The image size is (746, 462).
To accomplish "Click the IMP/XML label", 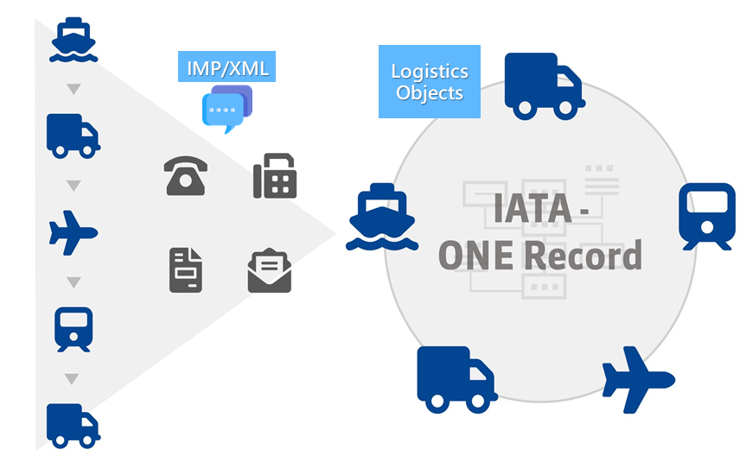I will pos(228,68).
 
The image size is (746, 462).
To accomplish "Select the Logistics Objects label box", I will pos(430,82).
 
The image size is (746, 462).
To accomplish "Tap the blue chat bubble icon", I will pos(227,110).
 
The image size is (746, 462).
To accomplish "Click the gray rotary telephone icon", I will pos(185,176).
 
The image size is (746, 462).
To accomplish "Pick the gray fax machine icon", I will pos(275,176).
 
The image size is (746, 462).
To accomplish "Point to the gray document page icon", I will pos(185,269).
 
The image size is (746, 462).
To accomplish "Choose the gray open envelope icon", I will pos(270,270).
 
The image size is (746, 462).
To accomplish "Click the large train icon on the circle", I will pos(706,216).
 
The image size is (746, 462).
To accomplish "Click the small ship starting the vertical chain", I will pos(74,40).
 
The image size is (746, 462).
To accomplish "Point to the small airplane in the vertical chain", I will pos(73,232).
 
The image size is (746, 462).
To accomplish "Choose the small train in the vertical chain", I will pos(73,329).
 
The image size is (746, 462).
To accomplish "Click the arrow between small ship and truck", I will pos(74,89).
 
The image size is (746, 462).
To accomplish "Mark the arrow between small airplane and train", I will pos(74,282).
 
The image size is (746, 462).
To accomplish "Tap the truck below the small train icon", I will pos(73,424).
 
